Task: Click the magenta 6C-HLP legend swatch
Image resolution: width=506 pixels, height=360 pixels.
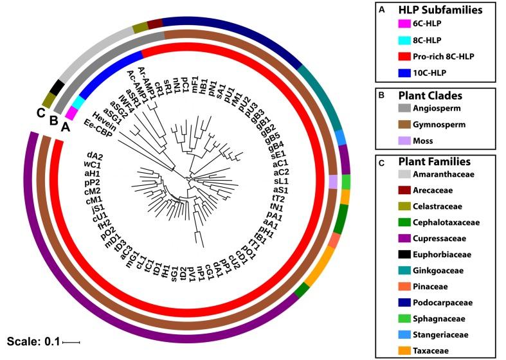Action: pyautogui.click(x=404, y=24)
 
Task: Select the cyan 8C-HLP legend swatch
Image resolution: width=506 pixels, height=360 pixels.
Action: pyautogui.click(x=404, y=40)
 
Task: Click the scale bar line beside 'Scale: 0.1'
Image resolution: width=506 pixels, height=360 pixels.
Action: pyautogui.click(x=71, y=342)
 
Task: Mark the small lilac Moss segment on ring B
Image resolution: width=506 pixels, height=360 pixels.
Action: pyautogui.click(x=333, y=183)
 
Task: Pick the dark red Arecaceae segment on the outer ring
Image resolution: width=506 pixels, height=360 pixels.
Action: pyautogui.click(x=155, y=24)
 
